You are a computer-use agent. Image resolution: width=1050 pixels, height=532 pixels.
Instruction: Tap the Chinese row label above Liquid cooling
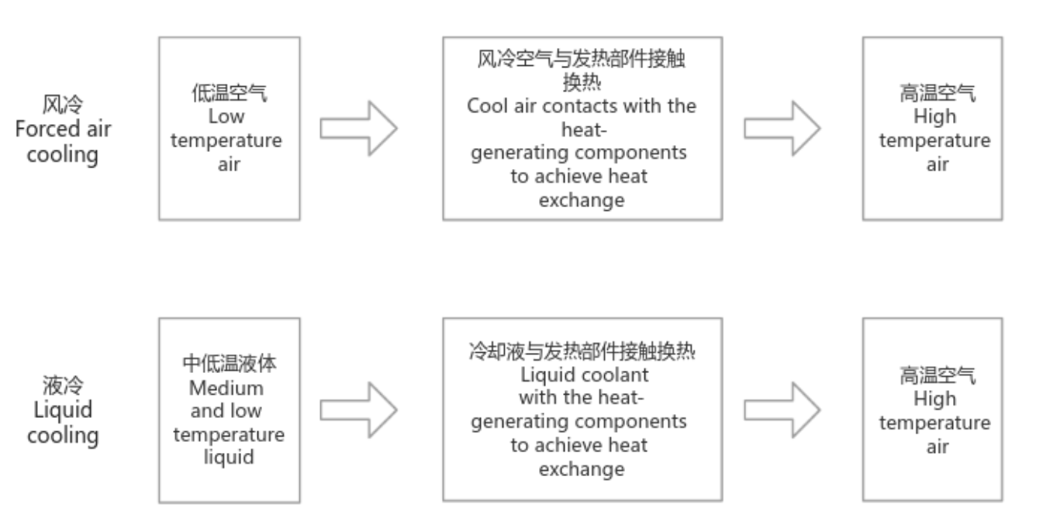click(63, 384)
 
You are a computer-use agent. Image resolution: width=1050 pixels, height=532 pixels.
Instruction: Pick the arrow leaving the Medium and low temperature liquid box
click(359, 410)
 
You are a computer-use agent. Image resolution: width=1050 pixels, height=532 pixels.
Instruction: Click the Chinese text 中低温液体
click(229, 363)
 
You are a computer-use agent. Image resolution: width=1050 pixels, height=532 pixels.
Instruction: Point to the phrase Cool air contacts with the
click(582, 106)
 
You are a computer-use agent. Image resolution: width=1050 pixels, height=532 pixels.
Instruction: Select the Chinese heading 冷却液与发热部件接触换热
click(582, 352)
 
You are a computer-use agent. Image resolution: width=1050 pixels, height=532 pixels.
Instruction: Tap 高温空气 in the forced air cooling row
click(938, 95)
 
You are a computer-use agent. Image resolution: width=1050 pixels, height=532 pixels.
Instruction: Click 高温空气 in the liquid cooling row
click(938, 376)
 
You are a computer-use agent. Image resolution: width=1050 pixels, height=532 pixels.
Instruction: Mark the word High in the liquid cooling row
click(934, 399)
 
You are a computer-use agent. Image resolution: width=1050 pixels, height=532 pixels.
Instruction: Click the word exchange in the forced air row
click(582, 200)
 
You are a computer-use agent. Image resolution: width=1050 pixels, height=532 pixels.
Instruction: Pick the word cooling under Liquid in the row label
click(63, 435)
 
